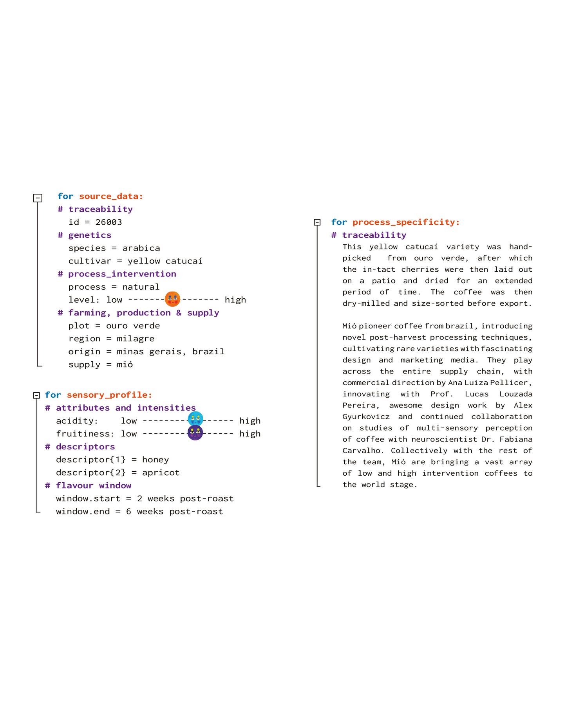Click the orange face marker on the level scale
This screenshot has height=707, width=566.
tap(172, 299)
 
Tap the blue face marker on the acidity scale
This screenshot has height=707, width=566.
tap(195, 419)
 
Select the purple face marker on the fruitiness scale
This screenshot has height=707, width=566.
tap(195, 433)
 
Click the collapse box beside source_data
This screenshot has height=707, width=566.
tap(38, 198)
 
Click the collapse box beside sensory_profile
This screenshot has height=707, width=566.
tap(36, 395)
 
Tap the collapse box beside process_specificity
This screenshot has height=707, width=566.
tap(317, 222)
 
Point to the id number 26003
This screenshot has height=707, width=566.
tap(108, 222)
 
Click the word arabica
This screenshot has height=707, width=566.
tap(141, 248)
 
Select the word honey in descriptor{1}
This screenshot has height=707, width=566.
tap(156, 460)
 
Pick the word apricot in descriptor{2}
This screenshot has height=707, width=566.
tap(161, 473)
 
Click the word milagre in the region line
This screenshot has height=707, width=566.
tap(136, 339)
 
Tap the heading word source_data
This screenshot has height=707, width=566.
tap(111, 196)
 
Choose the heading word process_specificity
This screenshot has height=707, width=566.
tap(406, 222)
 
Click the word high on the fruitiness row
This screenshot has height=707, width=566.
tap(250, 434)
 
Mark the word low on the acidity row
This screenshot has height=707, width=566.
tap(129, 420)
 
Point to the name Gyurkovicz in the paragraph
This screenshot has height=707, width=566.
tap(366, 417)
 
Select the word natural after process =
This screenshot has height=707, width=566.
tap(141, 287)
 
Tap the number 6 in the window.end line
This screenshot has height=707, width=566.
tap(128, 511)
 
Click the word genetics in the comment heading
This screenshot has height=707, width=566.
tap(90, 235)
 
